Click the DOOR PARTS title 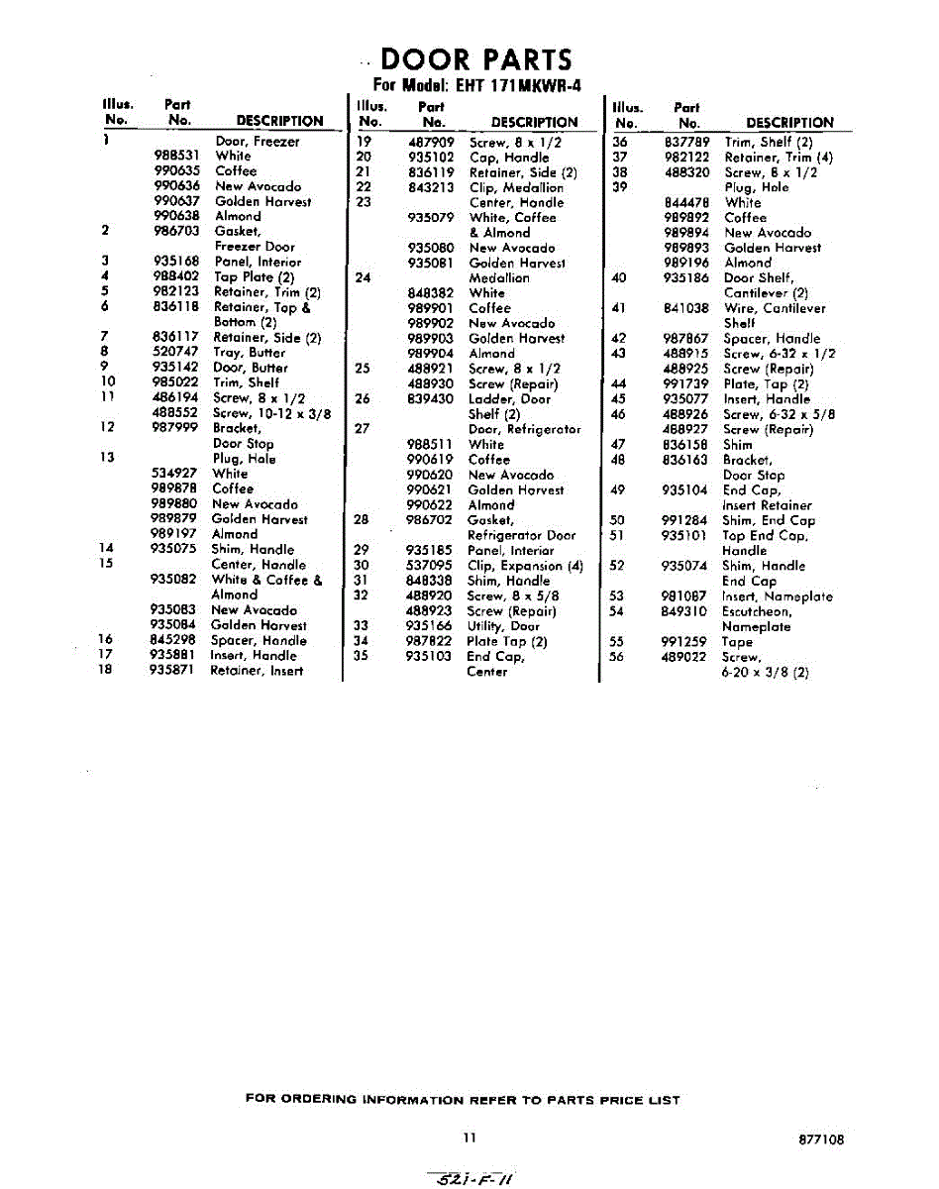coord(476,58)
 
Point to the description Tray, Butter coord(250,352)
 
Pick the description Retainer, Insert coord(257,671)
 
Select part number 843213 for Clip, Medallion coord(431,187)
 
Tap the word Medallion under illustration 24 coord(499,277)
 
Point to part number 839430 coord(431,398)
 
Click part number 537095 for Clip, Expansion coord(431,566)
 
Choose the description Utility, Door coord(504,625)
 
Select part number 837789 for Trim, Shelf coord(687,142)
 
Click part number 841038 coord(687,308)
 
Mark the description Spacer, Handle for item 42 coord(772,338)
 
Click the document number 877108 coord(821,1140)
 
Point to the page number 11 coord(469,1138)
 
